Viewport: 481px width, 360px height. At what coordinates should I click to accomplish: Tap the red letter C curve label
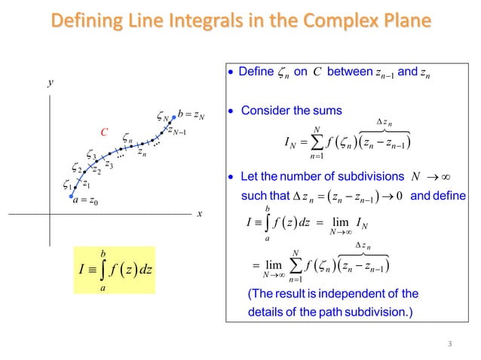point(106,134)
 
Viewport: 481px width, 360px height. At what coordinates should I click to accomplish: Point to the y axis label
point(50,84)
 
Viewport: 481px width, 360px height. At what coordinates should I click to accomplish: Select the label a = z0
point(86,200)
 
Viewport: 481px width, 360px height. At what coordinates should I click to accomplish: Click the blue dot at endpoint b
point(174,117)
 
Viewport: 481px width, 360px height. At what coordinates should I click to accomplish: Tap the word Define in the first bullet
point(255,73)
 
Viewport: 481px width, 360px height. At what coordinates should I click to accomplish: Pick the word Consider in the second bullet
point(265,111)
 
